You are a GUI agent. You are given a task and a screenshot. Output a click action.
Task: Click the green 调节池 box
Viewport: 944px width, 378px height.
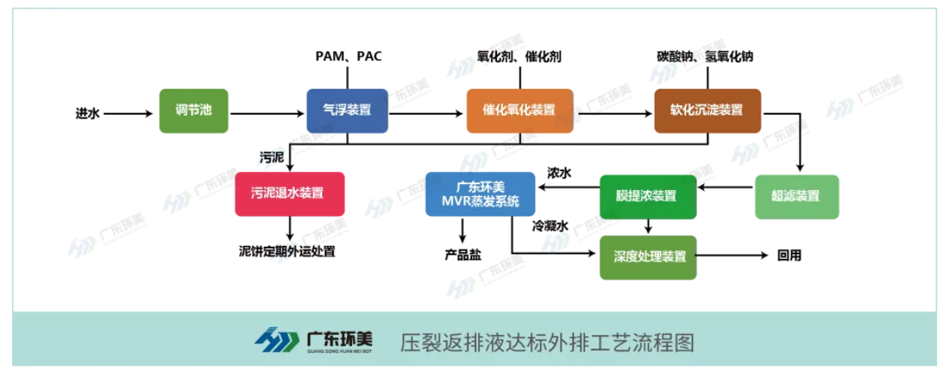(x=183, y=110)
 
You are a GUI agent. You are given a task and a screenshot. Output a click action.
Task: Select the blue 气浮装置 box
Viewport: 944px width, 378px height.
(x=347, y=110)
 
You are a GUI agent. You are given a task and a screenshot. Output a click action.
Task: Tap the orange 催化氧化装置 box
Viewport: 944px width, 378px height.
(x=520, y=110)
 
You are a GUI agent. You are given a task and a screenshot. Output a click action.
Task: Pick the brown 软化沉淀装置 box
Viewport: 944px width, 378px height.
(x=706, y=110)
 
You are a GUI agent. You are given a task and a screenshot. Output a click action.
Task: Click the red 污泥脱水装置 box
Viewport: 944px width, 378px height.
(x=290, y=194)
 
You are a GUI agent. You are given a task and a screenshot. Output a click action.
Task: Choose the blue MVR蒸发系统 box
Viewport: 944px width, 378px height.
(x=480, y=194)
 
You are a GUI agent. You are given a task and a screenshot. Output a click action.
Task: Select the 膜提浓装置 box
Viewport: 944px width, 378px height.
(x=648, y=196)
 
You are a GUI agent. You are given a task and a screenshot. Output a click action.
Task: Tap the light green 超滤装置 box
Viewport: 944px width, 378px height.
(x=796, y=196)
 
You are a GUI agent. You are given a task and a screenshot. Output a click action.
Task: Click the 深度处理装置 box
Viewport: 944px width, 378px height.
(x=648, y=257)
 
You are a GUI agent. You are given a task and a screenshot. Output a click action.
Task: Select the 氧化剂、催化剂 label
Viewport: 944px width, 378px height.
(x=520, y=57)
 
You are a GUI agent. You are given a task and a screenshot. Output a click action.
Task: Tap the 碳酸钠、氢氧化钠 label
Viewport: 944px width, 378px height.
(x=705, y=57)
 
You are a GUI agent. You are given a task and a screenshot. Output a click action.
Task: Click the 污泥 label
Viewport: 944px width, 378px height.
(x=271, y=157)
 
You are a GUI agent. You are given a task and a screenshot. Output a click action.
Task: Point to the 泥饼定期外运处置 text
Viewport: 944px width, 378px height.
(x=287, y=251)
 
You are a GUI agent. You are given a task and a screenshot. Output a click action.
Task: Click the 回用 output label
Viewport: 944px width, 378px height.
(x=789, y=256)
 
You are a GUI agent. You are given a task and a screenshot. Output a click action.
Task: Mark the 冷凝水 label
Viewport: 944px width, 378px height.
(x=550, y=226)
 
